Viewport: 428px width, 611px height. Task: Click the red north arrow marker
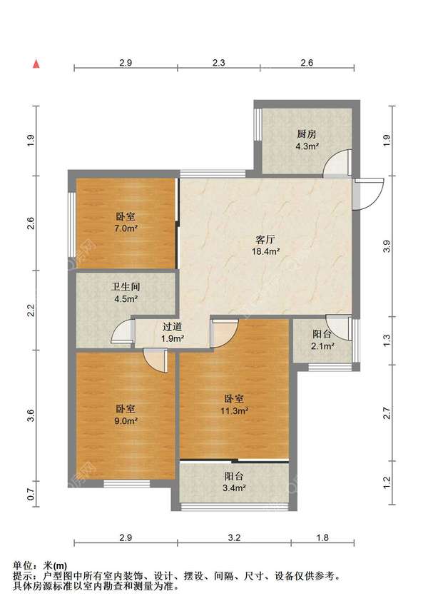pyautogui.click(x=36, y=64)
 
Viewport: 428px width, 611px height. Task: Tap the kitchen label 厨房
pyautogui.click(x=307, y=134)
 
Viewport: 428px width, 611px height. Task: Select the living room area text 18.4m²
pyautogui.click(x=266, y=251)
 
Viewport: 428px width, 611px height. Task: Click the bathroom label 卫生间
pyautogui.click(x=126, y=287)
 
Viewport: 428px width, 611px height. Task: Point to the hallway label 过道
pyautogui.click(x=173, y=328)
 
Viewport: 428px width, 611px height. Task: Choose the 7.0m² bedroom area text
pyautogui.click(x=126, y=228)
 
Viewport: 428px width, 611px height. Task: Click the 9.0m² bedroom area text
pyautogui.click(x=126, y=421)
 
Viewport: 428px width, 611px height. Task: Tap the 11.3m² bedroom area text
pyautogui.click(x=235, y=410)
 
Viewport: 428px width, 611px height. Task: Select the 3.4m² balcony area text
pyautogui.click(x=234, y=488)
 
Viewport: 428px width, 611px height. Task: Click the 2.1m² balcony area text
pyautogui.click(x=323, y=345)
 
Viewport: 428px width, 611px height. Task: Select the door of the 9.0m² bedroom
pyautogui.click(x=156, y=360)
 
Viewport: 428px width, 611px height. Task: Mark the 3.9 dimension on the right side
pyautogui.click(x=387, y=247)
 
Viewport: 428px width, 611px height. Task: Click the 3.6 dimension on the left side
pyautogui.click(x=31, y=415)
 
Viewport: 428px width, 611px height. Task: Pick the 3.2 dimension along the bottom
pyautogui.click(x=234, y=537)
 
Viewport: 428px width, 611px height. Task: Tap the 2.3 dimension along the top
pyautogui.click(x=219, y=62)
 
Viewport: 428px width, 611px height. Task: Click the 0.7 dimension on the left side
pyautogui.click(x=31, y=495)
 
